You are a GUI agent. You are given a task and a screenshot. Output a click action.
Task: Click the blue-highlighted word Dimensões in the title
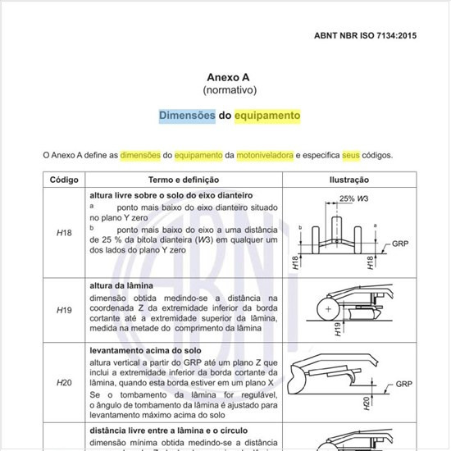(x=187, y=116)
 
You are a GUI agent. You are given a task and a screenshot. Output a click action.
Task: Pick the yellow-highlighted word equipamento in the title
(x=267, y=116)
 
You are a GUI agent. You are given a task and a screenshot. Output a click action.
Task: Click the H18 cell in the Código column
(x=64, y=233)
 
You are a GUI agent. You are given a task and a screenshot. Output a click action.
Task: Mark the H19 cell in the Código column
(x=64, y=311)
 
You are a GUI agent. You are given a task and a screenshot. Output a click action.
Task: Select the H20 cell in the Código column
(x=64, y=383)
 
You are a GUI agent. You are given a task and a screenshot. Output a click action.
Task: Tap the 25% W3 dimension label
(x=354, y=198)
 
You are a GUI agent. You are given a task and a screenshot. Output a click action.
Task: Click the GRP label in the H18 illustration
(x=400, y=244)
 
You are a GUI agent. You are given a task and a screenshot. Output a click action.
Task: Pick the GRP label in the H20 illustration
(x=403, y=384)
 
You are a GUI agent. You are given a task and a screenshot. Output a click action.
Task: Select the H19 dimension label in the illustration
(x=338, y=330)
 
